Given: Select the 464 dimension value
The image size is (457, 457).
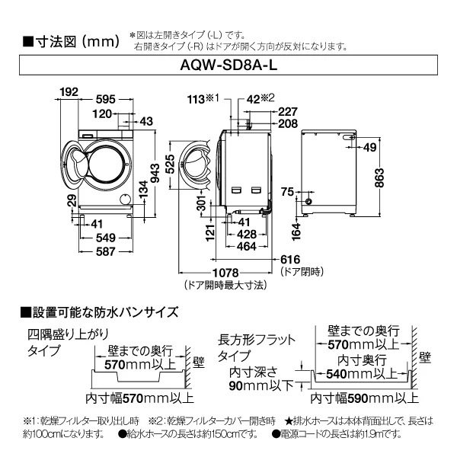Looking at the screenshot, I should [x=246, y=247].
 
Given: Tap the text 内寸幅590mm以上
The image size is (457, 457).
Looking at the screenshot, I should [x=363, y=397].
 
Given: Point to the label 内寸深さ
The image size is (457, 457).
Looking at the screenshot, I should [x=254, y=372].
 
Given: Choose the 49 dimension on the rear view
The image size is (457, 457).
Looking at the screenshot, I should [x=370, y=147].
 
